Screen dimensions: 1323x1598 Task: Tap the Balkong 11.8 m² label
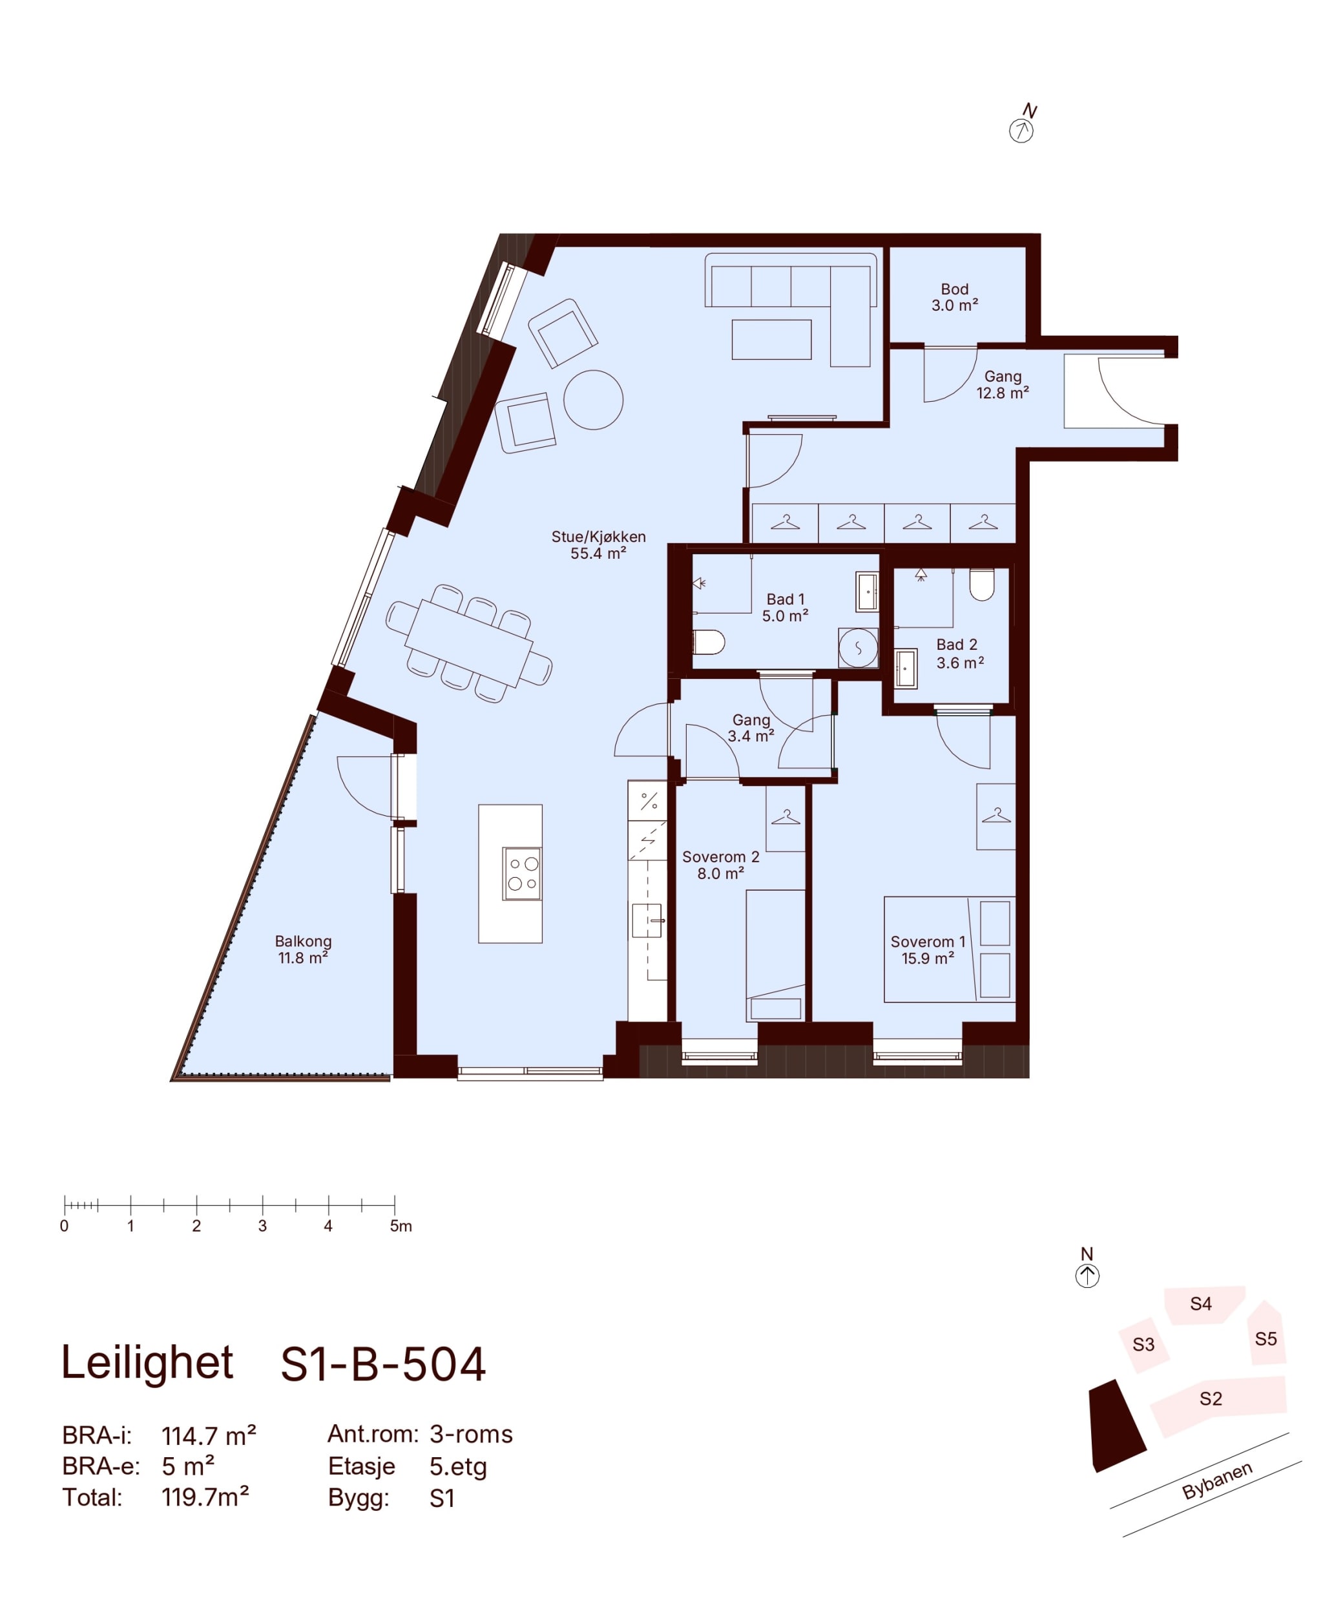(x=303, y=949)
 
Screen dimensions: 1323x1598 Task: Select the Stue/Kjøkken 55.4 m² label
(x=598, y=545)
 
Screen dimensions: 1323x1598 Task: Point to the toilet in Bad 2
(x=981, y=584)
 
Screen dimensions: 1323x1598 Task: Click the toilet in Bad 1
(x=708, y=642)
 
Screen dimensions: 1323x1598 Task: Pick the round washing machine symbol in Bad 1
(x=858, y=649)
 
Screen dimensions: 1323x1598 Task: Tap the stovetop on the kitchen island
(x=522, y=873)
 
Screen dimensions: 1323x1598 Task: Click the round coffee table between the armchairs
(x=593, y=399)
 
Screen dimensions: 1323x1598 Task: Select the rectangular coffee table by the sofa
(x=771, y=339)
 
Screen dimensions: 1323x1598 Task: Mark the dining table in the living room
(x=468, y=644)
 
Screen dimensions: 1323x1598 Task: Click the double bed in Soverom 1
(x=949, y=949)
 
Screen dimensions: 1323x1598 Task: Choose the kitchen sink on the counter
(x=648, y=920)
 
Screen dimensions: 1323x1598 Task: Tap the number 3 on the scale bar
(x=263, y=1226)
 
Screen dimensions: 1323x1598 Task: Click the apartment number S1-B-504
(x=383, y=1364)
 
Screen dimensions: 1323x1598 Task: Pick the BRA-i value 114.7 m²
(x=209, y=1435)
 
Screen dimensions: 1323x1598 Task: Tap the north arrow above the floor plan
(x=1023, y=124)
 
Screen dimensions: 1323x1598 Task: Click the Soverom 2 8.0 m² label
(x=720, y=865)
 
